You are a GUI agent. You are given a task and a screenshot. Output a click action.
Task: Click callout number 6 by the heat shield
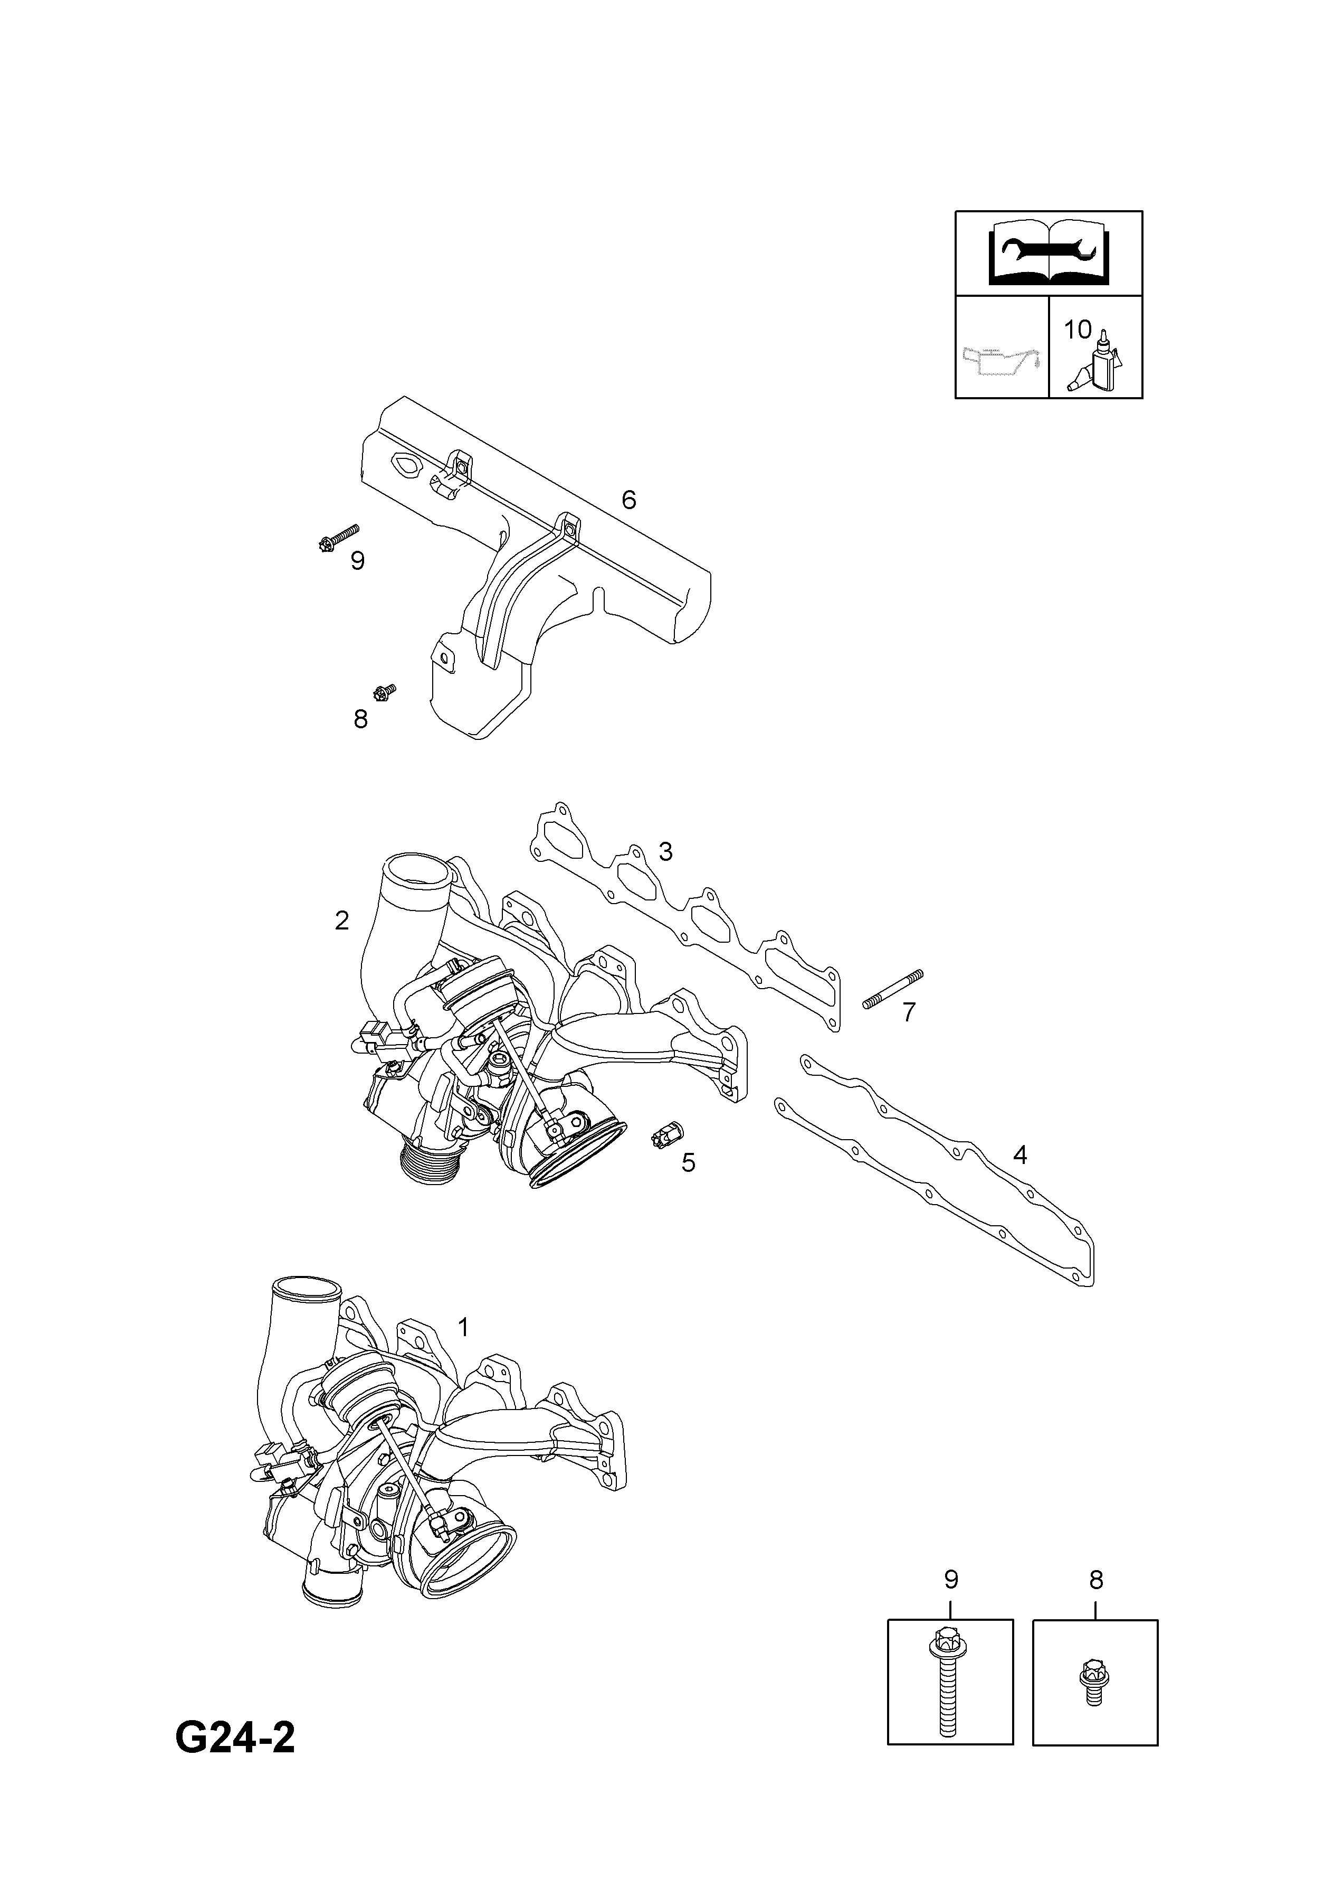pyautogui.click(x=628, y=499)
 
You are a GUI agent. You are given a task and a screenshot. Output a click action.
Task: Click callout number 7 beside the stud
pyautogui.click(x=909, y=1012)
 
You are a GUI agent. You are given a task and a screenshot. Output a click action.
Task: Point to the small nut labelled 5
pyautogui.click(x=664, y=1134)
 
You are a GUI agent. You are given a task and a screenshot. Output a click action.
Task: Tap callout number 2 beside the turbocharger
pyautogui.click(x=342, y=921)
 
